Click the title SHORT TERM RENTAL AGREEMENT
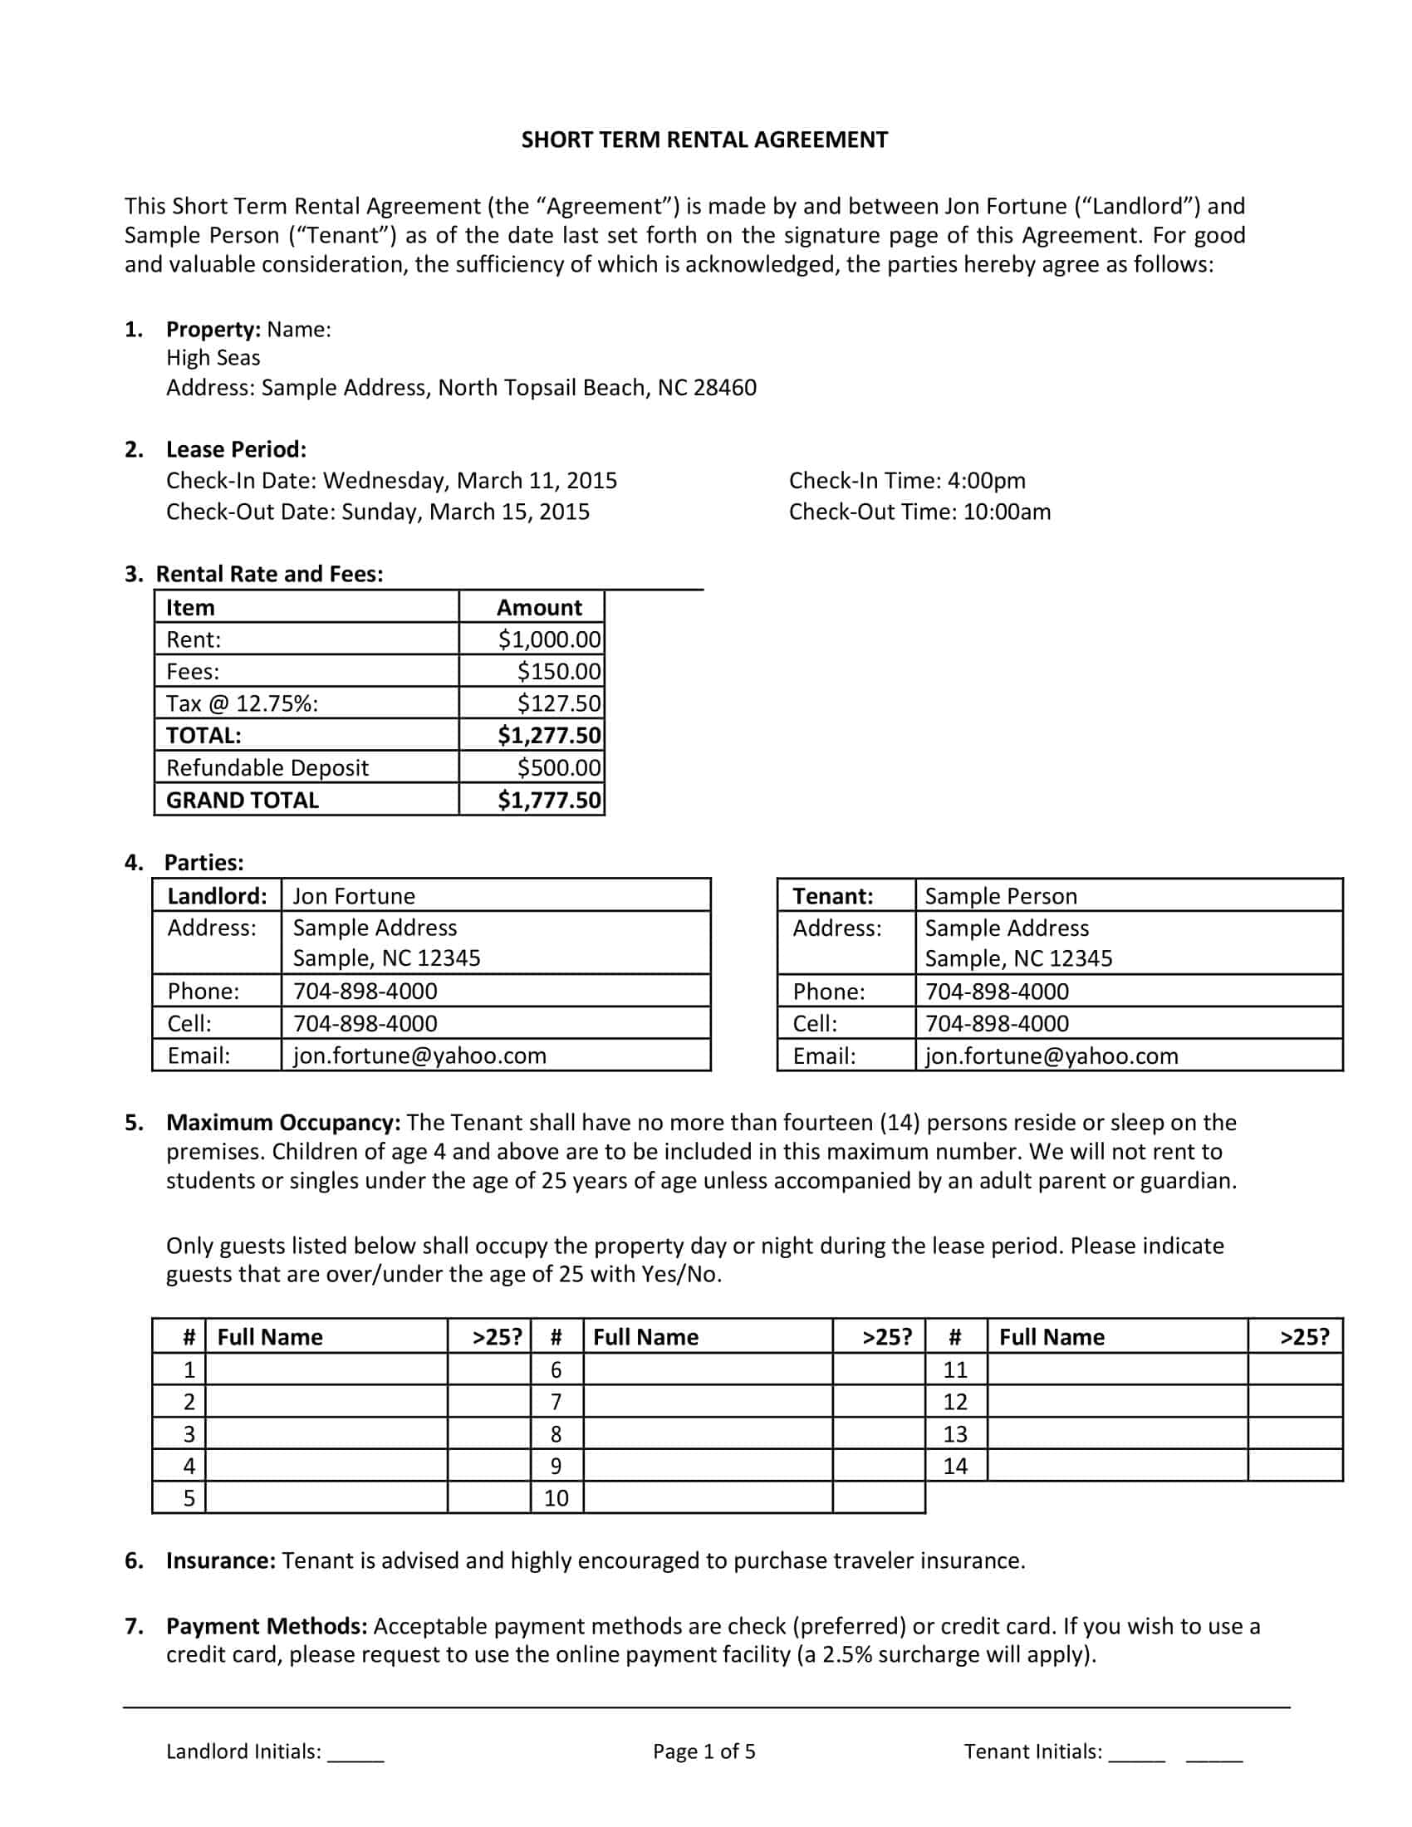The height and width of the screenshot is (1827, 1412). coord(704,140)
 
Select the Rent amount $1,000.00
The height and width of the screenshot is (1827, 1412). coord(549,640)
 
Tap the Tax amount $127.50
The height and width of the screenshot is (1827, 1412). coord(558,703)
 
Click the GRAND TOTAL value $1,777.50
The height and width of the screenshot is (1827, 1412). coord(549,801)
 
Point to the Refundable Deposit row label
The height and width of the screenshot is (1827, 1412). coord(267,768)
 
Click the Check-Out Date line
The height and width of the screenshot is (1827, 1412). coord(377,512)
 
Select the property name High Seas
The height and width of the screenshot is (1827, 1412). coord(213,358)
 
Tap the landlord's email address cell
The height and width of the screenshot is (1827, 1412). coord(419,1056)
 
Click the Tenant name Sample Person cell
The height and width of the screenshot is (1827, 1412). coord(1001,896)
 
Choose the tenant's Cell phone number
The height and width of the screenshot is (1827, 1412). coord(996,1024)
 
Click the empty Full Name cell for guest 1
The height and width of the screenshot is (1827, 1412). coord(326,1369)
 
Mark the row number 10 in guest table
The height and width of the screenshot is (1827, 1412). coord(556,1498)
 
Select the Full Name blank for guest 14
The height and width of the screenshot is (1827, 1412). coord(1116,1466)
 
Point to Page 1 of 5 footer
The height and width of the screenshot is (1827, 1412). coord(704,1751)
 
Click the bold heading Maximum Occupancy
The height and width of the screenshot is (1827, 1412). coord(282,1123)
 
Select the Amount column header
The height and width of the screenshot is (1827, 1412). coord(539,608)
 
